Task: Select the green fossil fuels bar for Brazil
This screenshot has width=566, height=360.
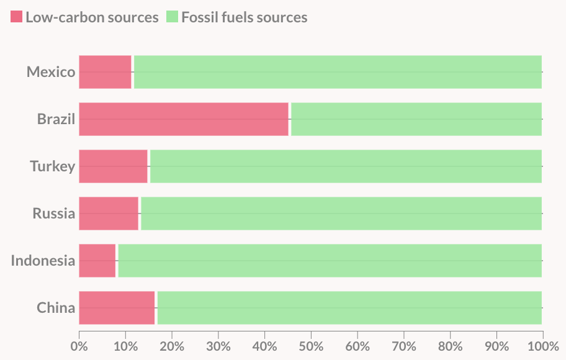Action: (416, 119)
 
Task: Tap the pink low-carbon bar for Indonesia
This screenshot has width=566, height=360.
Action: (97, 261)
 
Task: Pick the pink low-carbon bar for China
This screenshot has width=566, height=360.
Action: (117, 308)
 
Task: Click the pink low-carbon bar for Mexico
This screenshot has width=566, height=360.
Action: (106, 72)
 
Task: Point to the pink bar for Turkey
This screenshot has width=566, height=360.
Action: (114, 166)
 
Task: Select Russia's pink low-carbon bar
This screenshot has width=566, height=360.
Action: (109, 214)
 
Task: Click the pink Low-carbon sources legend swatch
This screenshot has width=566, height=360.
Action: (16, 17)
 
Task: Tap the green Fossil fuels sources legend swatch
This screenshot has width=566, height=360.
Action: (172, 17)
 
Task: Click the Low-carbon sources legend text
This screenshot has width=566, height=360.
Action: (92, 17)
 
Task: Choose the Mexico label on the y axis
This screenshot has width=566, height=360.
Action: (51, 72)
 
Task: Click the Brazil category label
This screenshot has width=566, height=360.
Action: (56, 119)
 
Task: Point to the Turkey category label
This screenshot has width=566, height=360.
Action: (53, 166)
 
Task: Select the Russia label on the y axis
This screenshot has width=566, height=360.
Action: (54, 214)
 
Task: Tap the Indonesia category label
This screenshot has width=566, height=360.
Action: (43, 261)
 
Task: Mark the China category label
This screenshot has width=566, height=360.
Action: (56, 308)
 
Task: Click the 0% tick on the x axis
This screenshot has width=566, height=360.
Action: (79, 345)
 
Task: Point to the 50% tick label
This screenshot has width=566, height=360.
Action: (311, 345)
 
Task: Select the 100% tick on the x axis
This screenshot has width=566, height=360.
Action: (542, 345)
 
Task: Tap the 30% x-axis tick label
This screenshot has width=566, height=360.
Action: (218, 345)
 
